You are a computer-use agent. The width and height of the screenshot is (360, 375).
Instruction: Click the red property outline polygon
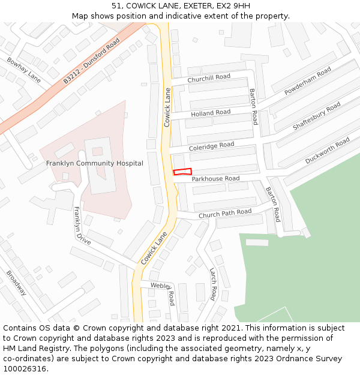coord(182,172)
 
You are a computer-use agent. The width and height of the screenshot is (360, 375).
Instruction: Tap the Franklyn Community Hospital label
coord(95,163)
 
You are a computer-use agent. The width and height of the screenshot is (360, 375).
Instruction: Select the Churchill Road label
coord(209,78)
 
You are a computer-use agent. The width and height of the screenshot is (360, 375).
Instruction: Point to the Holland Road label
coord(211,113)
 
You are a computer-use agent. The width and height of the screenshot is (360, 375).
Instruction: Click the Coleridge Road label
coord(211,146)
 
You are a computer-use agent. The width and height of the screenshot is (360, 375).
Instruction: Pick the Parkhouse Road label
coord(215,179)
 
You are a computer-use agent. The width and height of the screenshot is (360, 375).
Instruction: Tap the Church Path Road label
coord(225,213)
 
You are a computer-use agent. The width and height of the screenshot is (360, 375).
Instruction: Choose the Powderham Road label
coord(308,80)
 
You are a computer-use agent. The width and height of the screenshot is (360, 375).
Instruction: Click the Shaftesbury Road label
coord(316,116)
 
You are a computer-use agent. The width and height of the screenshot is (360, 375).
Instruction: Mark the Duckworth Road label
coord(327,151)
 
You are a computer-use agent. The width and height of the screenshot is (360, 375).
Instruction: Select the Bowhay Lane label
coord(24,70)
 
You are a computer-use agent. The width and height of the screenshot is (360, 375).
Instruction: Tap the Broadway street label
coord(16,283)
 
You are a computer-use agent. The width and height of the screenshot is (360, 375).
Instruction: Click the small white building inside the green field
coord(257,242)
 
